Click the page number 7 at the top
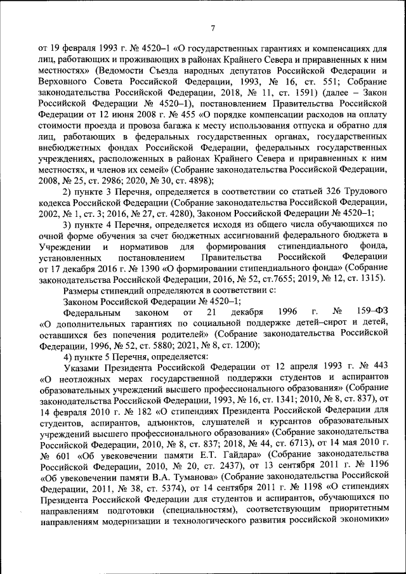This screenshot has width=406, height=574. click(213, 27)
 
